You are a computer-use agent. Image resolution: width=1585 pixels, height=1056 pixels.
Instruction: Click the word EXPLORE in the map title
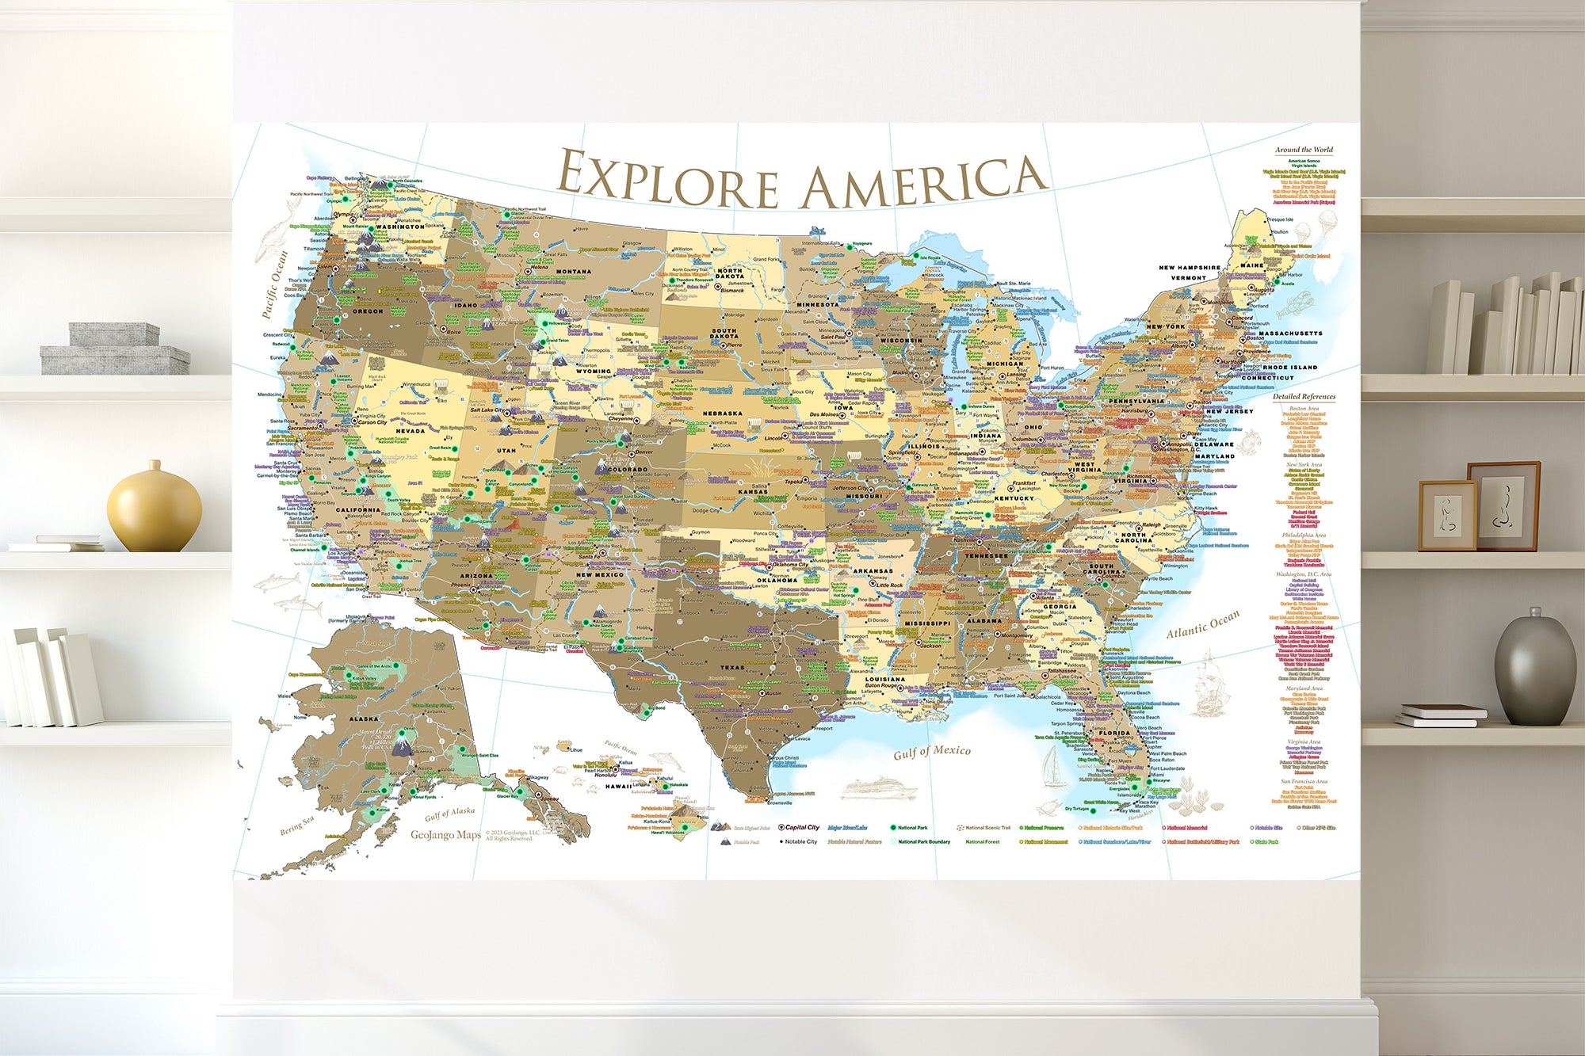pos(667,179)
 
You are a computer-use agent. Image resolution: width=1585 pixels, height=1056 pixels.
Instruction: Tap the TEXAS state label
pos(731,667)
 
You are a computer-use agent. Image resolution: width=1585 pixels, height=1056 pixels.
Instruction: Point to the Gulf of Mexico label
pos(931,752)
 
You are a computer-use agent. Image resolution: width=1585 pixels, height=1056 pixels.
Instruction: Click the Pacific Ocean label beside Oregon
pos(275,284)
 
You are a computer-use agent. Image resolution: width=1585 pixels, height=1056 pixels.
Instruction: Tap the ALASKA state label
pos(364,719)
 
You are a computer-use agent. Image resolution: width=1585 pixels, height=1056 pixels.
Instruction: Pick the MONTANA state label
pos(573,272)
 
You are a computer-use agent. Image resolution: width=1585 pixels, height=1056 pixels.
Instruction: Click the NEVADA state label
pos(411,431)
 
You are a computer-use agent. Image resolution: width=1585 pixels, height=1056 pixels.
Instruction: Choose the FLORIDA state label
pos(1114,733)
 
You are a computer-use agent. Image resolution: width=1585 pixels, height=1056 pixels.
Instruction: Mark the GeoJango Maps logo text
pos(445,835)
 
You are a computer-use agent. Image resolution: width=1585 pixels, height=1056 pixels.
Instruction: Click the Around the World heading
pos(1304,150)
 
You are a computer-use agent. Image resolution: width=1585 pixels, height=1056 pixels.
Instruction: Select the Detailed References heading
pos(1304,396)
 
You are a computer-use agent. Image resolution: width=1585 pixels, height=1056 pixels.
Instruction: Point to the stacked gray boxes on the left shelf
pos(114,349)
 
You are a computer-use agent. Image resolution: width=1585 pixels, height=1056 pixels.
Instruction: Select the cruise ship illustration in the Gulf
pos(878,788)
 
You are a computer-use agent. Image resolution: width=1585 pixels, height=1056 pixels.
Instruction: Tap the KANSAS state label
pos(752,492)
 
